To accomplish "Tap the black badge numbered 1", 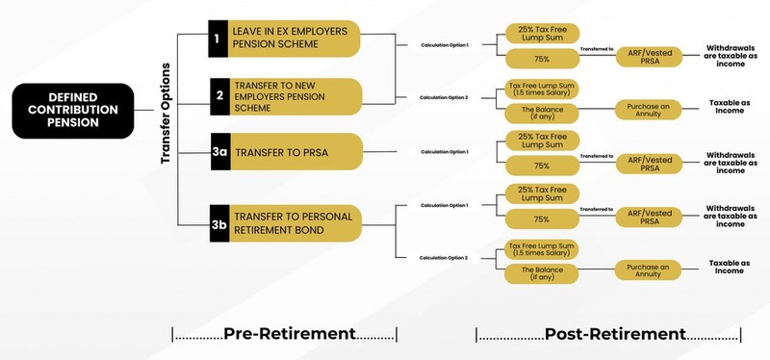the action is pos(218,39).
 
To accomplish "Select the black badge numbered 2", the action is pos(218,96).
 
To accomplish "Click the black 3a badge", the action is pos(218,152).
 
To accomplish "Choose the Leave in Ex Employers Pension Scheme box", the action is pos(293,39).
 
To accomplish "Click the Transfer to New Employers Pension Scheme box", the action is pos(293,96).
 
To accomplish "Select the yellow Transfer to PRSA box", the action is pos(293,152).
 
